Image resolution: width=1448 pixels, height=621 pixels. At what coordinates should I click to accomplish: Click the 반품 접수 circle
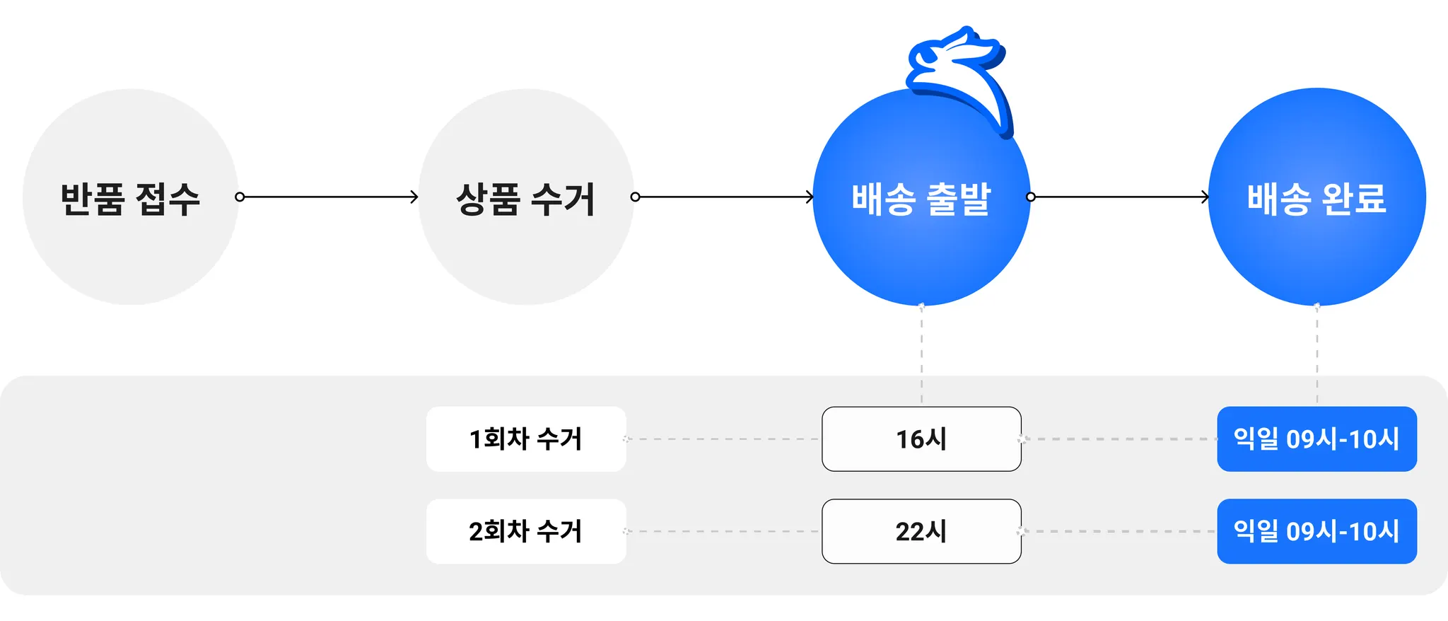[131, 197]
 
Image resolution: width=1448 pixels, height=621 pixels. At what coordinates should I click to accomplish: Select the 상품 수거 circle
[526, 197]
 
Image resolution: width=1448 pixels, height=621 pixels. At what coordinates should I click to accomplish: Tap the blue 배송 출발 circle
[921, 212]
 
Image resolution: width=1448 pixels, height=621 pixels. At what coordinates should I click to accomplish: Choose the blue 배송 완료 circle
[1316, 197]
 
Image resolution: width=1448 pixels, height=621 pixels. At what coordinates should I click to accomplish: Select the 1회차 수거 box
[526, 439]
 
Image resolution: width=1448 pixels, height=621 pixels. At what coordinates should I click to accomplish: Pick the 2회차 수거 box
[526, 531]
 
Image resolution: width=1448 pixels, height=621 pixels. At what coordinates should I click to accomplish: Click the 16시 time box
[921, 439]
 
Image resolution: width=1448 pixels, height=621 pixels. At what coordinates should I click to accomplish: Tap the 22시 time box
[921, 531]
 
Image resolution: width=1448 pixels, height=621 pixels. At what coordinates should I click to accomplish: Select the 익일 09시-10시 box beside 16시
[1316, 439]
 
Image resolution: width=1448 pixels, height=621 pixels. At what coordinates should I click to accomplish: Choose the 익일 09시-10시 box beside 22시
[1316, 531]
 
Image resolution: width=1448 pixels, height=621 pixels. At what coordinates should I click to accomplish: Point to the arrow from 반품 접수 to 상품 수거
[329, 197]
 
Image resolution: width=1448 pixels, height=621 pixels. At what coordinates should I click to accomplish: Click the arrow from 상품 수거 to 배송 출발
[724, 197]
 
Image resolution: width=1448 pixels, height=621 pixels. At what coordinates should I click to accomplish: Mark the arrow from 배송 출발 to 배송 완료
[1120, 197]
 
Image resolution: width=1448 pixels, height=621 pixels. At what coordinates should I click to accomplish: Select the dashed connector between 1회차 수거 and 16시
[723, 439]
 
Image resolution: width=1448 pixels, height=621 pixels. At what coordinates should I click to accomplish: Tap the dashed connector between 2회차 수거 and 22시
[723, 531]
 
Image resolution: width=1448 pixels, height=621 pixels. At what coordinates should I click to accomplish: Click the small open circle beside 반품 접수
[240, 197]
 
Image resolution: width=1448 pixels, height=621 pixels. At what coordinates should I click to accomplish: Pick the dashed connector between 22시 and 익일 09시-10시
[1119, 531]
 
